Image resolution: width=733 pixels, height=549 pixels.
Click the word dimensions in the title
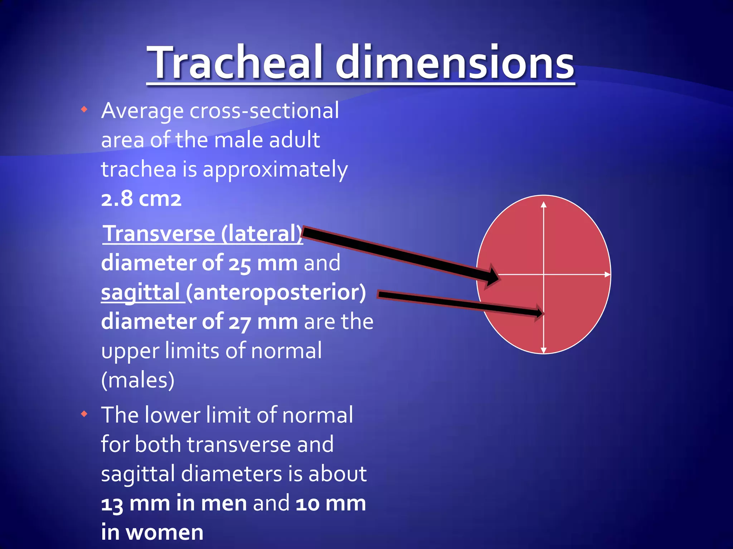point(455,63)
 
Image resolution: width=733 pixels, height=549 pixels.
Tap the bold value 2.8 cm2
point(141,199)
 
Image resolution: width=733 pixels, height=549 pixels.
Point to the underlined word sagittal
point(140,292)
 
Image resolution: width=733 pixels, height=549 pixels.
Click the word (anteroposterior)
point(276,292)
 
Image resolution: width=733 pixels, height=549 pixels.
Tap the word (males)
point(138,380)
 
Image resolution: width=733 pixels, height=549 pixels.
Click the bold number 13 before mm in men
point(112,504)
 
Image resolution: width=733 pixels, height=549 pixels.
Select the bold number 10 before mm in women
point(307,504)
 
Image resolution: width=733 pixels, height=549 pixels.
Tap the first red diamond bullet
point(84,109)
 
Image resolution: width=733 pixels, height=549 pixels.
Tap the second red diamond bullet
point(84,414)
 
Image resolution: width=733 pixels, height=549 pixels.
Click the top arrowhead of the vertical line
point(544,204)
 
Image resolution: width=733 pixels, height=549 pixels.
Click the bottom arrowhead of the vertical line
point(544,350)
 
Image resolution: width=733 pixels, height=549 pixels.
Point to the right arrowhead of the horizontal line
point(607,274)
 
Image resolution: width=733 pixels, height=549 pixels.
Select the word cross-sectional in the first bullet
point(264,110)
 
